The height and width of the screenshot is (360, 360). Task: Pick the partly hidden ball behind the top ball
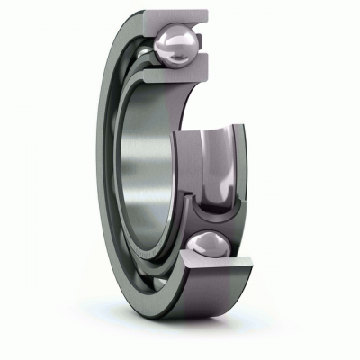[145, 55]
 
